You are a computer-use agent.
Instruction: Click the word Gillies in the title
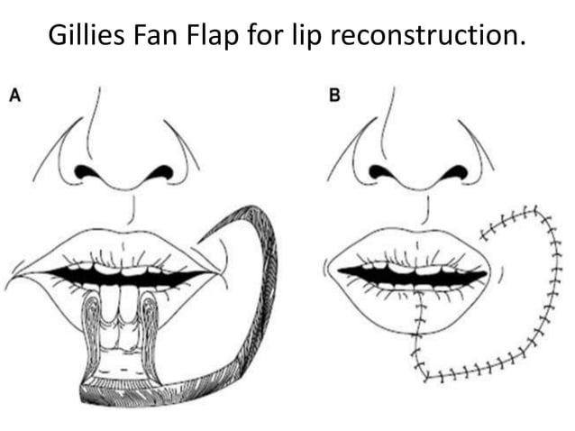coord(87,34)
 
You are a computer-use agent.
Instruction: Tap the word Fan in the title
coord(156,35)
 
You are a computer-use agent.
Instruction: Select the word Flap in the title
coord(213,36)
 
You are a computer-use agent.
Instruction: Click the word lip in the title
coord(306,36)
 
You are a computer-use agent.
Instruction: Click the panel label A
coord(15,96)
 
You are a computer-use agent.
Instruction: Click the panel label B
coord(334,96)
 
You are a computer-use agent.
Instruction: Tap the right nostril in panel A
coord(160,171)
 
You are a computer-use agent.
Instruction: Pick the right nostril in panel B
coord(454,171)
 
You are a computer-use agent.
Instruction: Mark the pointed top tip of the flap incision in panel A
coord(198,242)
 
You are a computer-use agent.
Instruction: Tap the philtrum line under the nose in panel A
coord(132,209)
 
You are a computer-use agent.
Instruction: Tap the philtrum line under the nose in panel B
coord(427,209)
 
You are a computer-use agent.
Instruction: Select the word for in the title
coord(266,35)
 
